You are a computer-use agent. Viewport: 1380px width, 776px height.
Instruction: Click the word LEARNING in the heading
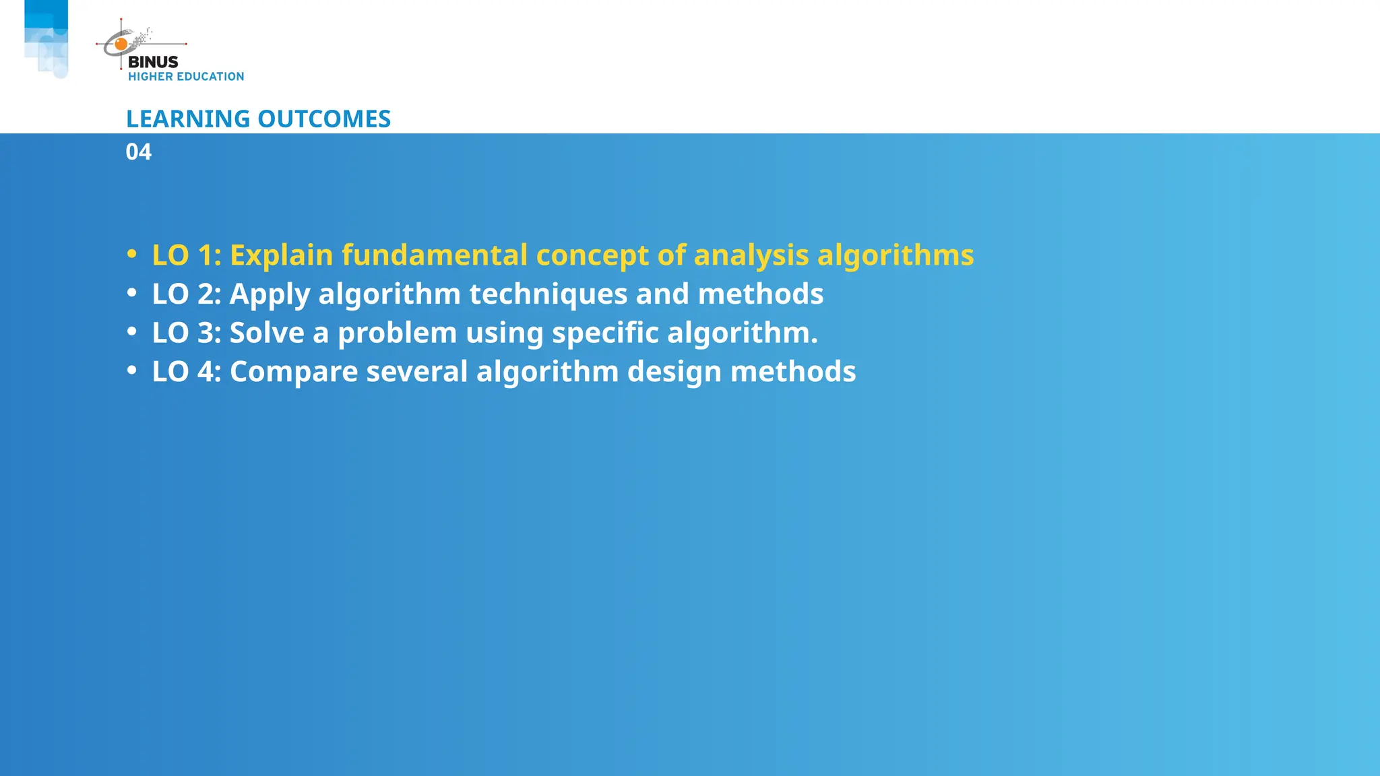coord(188,119)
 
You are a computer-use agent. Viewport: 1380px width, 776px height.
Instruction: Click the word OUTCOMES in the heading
coord(324,119)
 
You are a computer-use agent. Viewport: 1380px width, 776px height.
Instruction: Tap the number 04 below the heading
coord(139,152)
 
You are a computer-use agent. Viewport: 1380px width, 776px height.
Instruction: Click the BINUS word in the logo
coord(153,62)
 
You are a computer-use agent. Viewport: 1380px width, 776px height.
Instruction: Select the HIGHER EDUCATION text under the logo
coord(186,77)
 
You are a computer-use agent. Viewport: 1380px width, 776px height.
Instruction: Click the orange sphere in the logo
coord(121,44)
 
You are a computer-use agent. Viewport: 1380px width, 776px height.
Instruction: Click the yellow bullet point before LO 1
coord(132,255)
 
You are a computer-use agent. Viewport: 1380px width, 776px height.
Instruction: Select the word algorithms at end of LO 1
coord(896,255)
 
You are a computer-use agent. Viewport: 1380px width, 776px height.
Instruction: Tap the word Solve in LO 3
coord(267,333)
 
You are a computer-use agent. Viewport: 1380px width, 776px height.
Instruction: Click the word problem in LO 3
coord(397,333)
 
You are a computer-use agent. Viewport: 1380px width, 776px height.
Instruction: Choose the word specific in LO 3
coord(604,333)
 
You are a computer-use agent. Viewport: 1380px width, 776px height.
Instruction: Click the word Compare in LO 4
coord(294,372)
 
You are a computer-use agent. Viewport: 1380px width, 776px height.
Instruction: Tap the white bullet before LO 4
coord(132,370)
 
